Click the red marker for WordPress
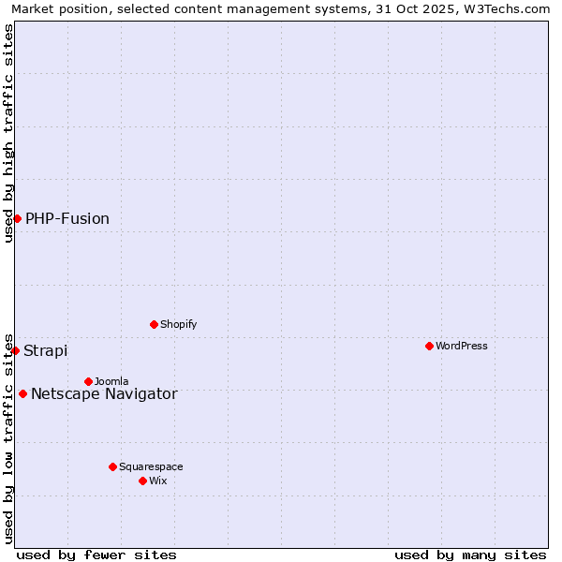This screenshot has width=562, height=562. click(429, 346)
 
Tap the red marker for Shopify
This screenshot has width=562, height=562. click(154, 324)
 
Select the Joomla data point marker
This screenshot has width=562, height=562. click(88, 381)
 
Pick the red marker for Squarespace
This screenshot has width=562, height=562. click(112, 466)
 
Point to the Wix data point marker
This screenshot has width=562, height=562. click(142, 481)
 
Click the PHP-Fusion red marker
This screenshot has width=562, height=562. click(17, 218)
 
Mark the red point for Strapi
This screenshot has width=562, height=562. click(15, 350)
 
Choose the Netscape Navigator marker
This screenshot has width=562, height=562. click(22, 393)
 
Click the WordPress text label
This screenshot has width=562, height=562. click(461, 346)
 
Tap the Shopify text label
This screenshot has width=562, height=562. click(178, 324)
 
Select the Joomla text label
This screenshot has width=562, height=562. click(111, 381)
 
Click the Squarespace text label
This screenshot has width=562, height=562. click(151, 466)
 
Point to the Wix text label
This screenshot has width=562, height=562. click(157, 481)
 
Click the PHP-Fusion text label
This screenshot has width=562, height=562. click(67, 219)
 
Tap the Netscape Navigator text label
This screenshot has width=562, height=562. click(104, 394)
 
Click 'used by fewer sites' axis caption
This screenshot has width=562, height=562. click(96, 555)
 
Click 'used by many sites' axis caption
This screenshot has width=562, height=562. click(470, 555)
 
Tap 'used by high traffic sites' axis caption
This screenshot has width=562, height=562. click(8, 133)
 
